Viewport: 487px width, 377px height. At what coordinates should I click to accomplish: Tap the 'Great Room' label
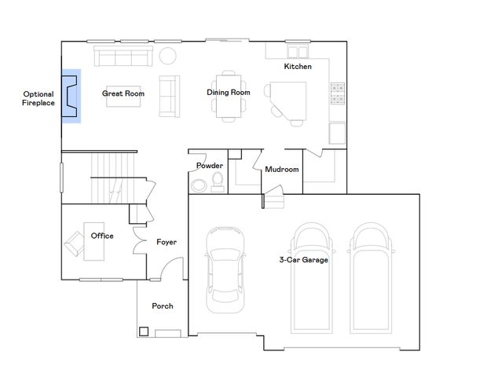(x=123, y=93)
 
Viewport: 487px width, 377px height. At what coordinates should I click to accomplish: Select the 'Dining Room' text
(x=228, y=93)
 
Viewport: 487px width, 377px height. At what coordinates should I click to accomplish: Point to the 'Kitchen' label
(x=298, y=67)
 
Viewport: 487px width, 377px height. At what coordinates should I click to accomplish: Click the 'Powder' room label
(x=209, y=166)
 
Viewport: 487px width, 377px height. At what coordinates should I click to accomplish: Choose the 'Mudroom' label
(x=281, y=169)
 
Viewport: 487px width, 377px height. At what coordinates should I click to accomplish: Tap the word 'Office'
(x=102, y=236)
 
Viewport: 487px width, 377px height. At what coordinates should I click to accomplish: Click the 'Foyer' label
(x=166, y=242)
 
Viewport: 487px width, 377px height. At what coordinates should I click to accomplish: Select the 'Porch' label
(x=162, y=306)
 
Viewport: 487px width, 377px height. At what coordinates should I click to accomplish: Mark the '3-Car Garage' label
(x=303, y=260)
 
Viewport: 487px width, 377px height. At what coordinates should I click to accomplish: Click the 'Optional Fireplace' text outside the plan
(x=38, y=98)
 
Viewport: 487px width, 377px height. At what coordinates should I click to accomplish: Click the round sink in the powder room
(x=197, y=185)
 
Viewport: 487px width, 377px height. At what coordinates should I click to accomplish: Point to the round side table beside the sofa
(x=168, y=56)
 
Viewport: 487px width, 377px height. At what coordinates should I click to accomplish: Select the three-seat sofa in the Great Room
(x=123, y=56)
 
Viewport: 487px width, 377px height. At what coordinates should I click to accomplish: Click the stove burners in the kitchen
(x=339, y=93)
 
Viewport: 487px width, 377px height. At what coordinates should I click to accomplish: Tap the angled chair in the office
(x=75, y=241)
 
